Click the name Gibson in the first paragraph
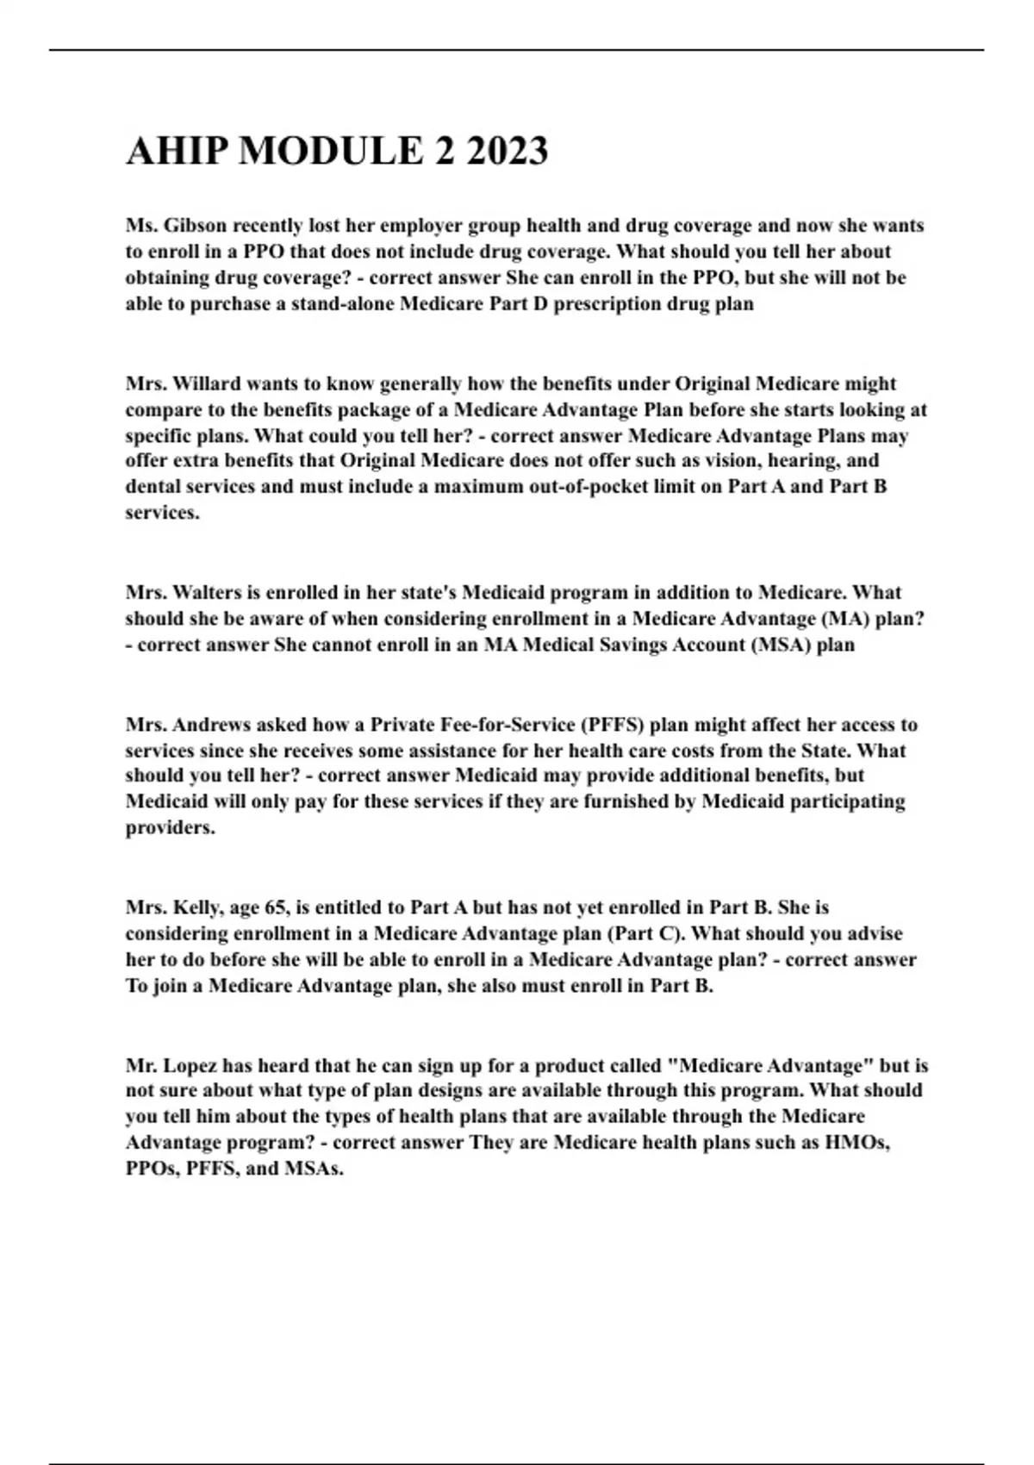pyautogui.click(x=195, y=226)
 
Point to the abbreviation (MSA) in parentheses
pyautogui.click(x=780, y=645)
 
